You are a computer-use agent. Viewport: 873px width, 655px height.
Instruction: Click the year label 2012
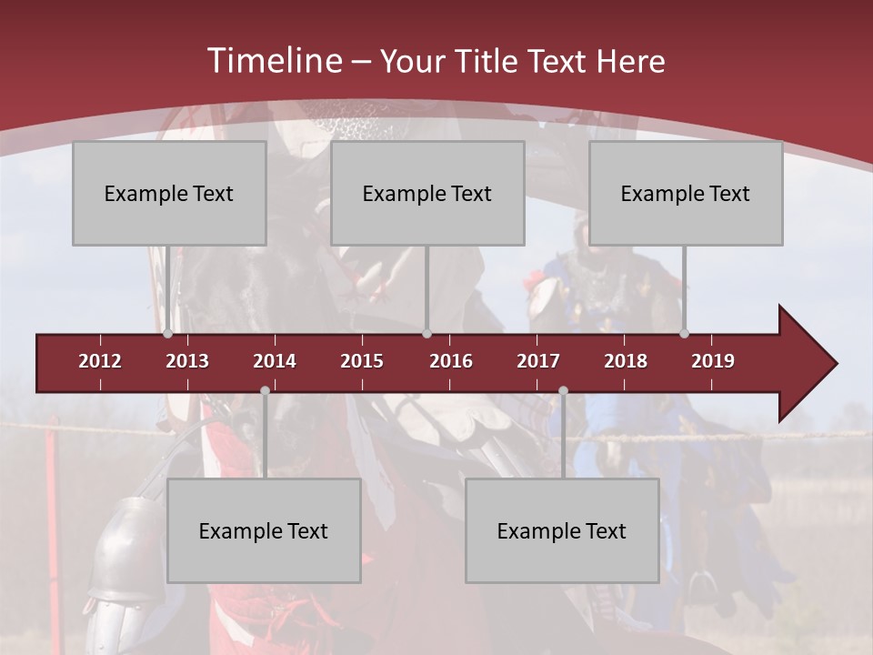click(100, 361)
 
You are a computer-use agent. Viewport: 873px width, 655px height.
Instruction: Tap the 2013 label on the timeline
click(187, 361)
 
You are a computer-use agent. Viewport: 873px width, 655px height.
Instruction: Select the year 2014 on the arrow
click(275, 361)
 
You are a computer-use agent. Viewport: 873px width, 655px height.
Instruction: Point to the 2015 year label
click(362, 361)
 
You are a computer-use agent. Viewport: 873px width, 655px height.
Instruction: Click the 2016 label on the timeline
click(451, 361)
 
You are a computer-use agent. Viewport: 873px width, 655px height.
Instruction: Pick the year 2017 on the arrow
click(538, 361)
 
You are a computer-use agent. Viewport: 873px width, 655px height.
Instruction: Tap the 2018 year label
click(626, 361)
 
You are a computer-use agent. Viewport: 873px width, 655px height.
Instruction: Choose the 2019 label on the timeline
click(713, 361)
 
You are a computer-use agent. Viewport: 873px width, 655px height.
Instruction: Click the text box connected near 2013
click(169, 193)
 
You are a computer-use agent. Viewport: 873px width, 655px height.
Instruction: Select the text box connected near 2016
click(427, 193)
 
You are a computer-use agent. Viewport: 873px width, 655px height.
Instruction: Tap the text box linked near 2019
click(686, 193)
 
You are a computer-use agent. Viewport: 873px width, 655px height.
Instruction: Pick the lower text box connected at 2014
click(264, 530)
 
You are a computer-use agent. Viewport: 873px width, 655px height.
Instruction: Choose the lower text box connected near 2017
click(562, 530)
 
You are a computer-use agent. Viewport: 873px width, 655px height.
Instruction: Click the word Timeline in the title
click(273, 61)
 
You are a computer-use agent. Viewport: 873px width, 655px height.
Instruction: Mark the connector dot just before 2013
click(167, 334)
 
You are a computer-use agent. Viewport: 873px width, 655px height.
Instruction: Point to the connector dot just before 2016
click(426, 334)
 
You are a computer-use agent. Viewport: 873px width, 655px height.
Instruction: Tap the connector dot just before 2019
click(684, 334)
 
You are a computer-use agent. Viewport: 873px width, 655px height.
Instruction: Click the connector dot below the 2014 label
click(265, 390)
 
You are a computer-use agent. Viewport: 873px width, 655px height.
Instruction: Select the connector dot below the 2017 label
click(563, 390)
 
